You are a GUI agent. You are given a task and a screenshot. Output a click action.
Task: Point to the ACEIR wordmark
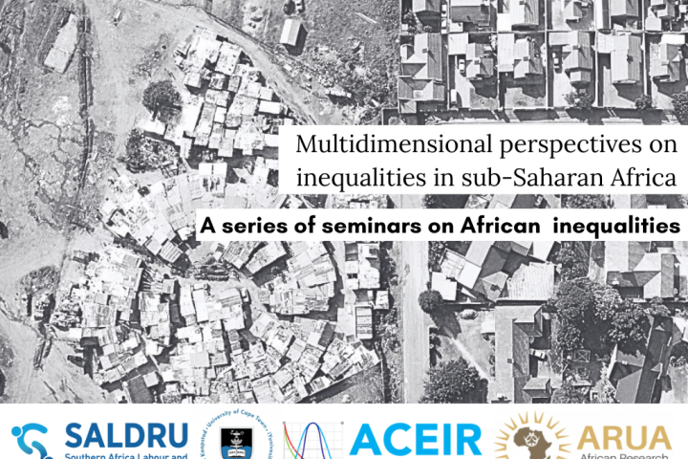pyautogui.click(x=416, y=439)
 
